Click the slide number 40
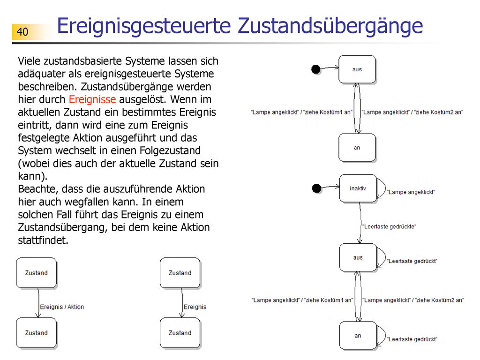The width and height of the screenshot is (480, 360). (22, 32)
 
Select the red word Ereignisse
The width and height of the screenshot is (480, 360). (92, 99)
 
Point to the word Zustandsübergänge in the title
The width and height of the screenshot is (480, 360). (330, 26)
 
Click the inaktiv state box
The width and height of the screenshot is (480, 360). (358, 188)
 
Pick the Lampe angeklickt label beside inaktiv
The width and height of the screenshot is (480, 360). (411, 192)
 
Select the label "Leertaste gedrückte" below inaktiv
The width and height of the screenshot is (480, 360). (389, 226)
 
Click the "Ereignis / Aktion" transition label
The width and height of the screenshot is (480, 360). (62, 307)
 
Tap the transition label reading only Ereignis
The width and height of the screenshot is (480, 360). (195, 307)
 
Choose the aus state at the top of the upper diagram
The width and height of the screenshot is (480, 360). (357, 69)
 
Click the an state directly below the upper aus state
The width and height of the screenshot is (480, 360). (357, 148)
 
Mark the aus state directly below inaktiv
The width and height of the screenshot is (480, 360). (358, 257)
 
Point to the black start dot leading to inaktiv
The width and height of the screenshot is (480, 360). (316, 188)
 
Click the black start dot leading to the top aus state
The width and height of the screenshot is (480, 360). (316, 69)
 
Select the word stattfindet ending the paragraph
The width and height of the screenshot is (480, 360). (43, 240)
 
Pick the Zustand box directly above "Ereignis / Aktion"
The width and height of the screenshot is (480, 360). (37, 273)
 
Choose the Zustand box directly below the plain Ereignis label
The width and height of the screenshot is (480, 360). (180, 333)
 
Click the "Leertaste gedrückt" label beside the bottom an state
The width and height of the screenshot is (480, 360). (412, 339)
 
